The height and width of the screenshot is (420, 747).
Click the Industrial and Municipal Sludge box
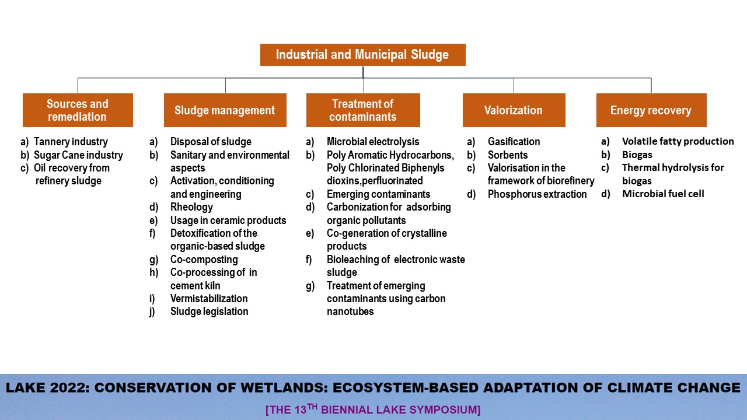point(363,55)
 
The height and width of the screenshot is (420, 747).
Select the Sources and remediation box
point(78,110)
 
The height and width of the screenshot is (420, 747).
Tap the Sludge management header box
point(225,110)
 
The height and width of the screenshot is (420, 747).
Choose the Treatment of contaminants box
point(363,110)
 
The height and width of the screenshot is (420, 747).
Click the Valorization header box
point(514,110)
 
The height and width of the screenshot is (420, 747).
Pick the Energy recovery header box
point(651,110)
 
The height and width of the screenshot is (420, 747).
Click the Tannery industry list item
point(71,142)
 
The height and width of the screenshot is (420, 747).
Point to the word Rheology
point(191,207)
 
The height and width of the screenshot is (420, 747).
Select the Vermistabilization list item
point(209,298)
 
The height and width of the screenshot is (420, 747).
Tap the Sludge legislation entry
point(210,311)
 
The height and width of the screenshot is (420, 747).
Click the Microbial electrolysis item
point(373,142)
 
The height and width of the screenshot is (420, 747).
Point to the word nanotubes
point(350,311)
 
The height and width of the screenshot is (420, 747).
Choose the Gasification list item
point(514,142)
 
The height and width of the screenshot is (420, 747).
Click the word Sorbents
point(508,155)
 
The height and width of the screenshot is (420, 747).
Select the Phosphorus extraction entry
point(537,194)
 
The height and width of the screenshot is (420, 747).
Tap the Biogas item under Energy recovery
point(637,155)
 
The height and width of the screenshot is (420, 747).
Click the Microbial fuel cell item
point(664,194)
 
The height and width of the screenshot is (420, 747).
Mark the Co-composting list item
point(204,260)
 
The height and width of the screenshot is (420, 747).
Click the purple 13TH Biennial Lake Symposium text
point(373,409)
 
